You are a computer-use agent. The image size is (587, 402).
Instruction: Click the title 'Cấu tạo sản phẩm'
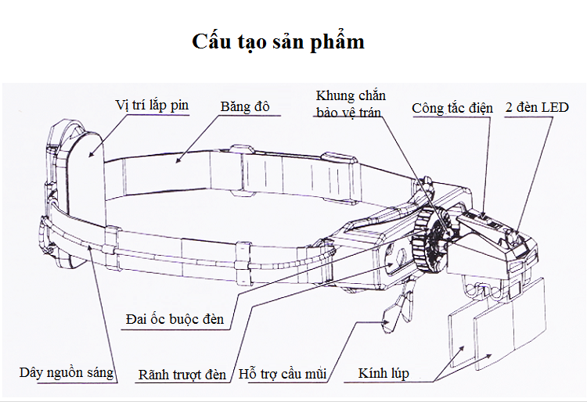279,41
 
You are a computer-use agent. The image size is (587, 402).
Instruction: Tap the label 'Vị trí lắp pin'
152,105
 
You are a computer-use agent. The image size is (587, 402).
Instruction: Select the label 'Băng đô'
245,106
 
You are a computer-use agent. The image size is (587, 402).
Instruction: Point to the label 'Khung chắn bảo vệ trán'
351,104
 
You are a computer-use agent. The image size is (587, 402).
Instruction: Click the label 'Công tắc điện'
452,108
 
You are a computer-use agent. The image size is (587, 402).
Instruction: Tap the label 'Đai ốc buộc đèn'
175,318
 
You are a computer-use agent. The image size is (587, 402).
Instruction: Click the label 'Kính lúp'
384,373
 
